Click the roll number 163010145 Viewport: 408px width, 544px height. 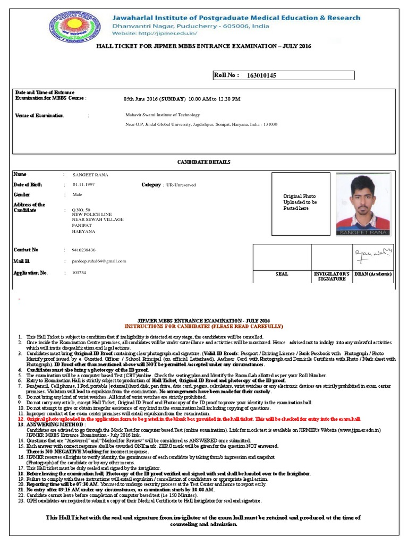(261, 75)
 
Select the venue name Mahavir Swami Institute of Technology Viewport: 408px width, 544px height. (163, 115)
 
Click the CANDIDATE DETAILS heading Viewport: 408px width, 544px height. (203, 162)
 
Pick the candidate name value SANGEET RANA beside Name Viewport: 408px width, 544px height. (90, 175)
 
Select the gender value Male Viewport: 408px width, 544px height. (78, 195)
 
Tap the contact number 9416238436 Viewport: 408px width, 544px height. (84, 250)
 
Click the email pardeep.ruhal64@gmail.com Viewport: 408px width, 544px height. (99, 261)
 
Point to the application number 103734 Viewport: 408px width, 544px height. (79, 273)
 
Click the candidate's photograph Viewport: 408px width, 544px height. (363, 205)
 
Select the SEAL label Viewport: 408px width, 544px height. (282, 274)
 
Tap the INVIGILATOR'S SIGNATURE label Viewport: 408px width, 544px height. (331, 276)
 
